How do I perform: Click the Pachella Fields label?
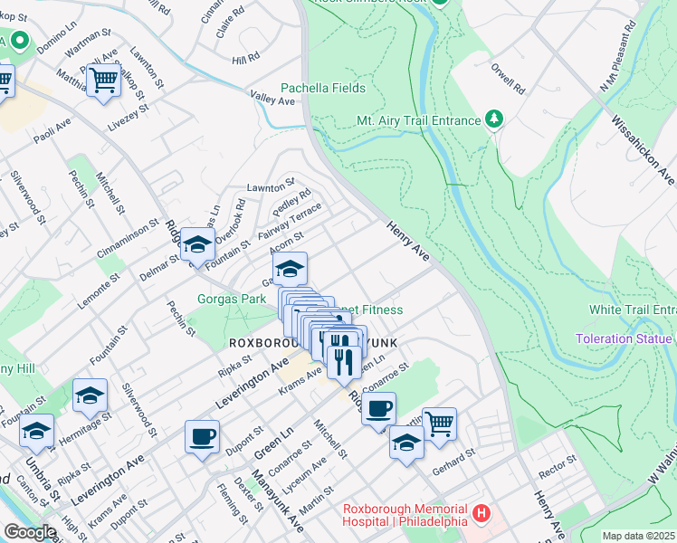[x=323, y=88]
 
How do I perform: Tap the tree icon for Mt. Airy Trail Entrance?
[x=493, y=119]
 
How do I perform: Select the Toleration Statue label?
[x=625, y=339]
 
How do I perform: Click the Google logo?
[x=30, y=532]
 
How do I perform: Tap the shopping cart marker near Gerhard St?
[x=439, y=423]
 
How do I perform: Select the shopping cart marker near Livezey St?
[x=104, y=80]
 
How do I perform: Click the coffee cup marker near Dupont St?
[x=202, y=436]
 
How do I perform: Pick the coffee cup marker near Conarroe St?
[x=378, y=407]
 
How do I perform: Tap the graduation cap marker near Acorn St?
[x=290, y=268]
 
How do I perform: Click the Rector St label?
[x=558, y=463]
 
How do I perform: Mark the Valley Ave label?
[x=273, y=100]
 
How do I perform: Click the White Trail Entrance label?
[x=633, y=310]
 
